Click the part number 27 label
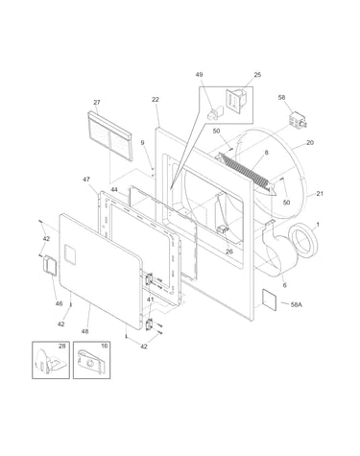coord(97,103)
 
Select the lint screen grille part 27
coord(109,136)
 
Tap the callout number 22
coord(156,100)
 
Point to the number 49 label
coord(199,75)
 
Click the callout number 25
coord(257,75)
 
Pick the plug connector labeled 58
coord(298,120)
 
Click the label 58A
coord(296,304)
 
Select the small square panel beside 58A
coord(270,299)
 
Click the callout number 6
coord(285,285)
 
